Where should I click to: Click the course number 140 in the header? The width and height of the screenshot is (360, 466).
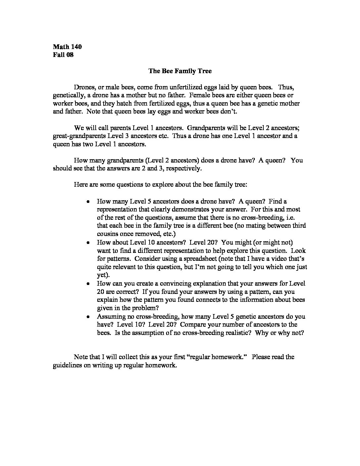coord(75,46)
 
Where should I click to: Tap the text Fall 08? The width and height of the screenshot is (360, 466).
coord(63,55)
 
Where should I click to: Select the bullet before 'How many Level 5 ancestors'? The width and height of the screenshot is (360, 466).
coord(88,201)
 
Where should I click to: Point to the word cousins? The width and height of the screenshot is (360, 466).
coord(108,234)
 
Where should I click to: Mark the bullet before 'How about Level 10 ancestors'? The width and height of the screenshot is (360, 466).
coord(88,242)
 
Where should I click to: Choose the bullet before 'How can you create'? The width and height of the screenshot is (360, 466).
coord(88,284)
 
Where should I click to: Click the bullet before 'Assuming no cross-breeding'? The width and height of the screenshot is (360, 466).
coord(88,316)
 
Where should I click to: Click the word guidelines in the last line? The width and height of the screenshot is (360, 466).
coord(67,365)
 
